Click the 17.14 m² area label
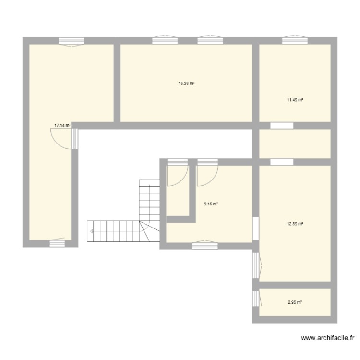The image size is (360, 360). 62,125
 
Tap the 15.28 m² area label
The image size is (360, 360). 186,83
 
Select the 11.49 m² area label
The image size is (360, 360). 295,100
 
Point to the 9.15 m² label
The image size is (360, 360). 211,204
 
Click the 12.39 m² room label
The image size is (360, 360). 295,223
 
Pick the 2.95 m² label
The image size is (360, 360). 295,302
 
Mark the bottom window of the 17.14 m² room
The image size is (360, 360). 57,243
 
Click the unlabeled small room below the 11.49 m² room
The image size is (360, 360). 295,143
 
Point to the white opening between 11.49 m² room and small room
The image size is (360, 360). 281,126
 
